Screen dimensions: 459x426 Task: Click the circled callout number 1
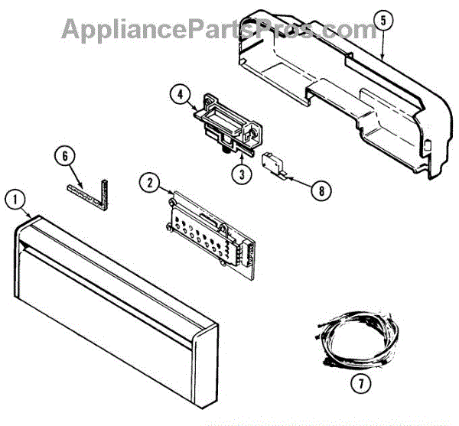(x=12, y=198)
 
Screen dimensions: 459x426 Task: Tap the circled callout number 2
(x=149, y=182)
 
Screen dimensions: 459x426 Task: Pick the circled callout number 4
(x=179, y=96)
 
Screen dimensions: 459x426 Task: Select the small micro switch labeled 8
(x=272, y=163)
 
